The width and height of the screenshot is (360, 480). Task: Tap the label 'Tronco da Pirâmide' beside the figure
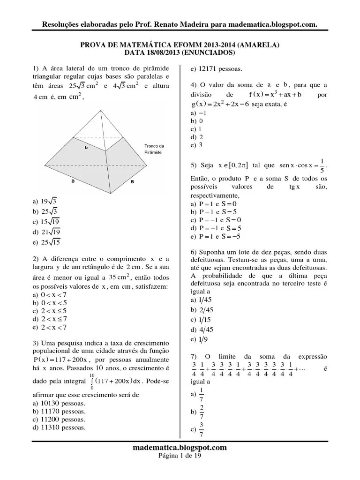(154, 149)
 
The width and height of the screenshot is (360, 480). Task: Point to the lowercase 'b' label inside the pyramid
(86, 148)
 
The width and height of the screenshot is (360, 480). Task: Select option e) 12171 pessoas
(216, 69)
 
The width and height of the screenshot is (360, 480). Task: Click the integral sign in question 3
(92, 382)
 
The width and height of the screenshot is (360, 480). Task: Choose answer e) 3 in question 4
(196, 145)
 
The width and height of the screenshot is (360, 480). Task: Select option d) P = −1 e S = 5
(214, 228)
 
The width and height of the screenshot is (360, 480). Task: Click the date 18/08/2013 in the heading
(161, 53)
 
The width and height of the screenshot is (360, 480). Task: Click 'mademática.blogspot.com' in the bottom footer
(180, 448)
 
